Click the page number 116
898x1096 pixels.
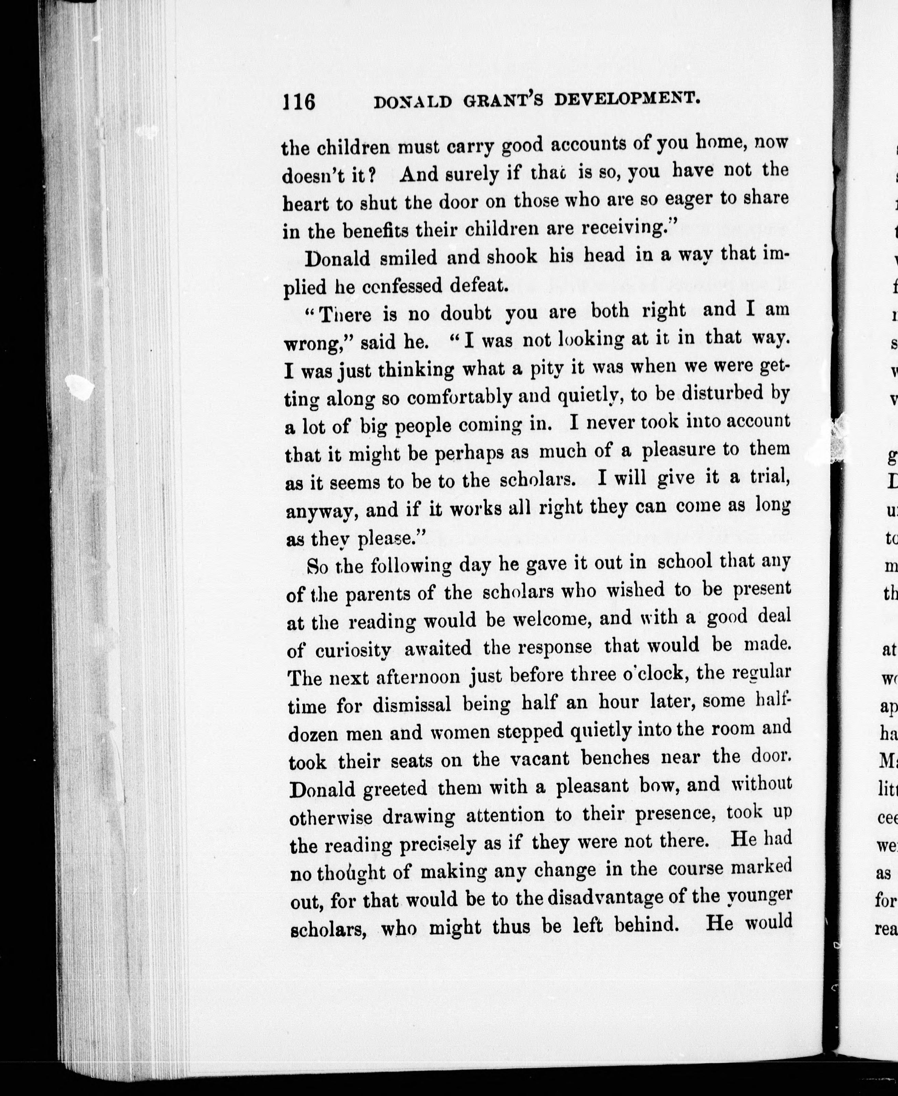coord(298,101)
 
